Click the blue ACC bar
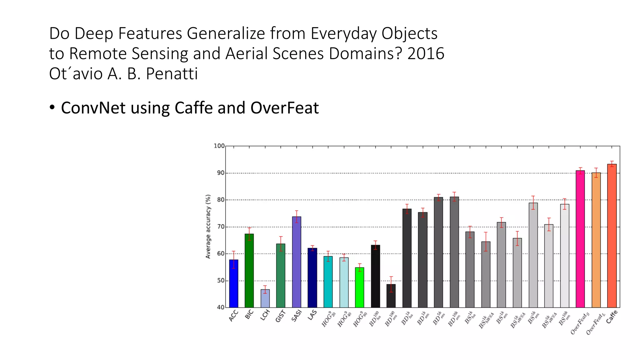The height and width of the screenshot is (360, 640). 233,283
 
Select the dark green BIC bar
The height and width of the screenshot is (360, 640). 249,271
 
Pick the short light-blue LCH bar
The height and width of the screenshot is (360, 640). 265,298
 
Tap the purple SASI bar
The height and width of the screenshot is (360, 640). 297,262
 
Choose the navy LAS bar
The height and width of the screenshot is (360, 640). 312,278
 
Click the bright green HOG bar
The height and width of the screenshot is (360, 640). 359,287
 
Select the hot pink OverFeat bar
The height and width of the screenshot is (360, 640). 580,239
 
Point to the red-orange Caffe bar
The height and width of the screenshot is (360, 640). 612,236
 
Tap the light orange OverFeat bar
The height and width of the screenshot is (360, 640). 596,240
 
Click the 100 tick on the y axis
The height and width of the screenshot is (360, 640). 219,146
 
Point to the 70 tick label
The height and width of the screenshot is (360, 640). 221,227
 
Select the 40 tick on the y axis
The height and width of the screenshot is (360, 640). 221,307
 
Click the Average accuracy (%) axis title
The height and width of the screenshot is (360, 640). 208,227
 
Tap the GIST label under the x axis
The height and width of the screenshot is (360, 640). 280,316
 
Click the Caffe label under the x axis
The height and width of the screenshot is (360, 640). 612,317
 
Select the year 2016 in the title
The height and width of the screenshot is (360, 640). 426,53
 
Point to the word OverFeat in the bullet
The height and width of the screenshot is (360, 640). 284,108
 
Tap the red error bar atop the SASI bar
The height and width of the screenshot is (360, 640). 297,216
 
